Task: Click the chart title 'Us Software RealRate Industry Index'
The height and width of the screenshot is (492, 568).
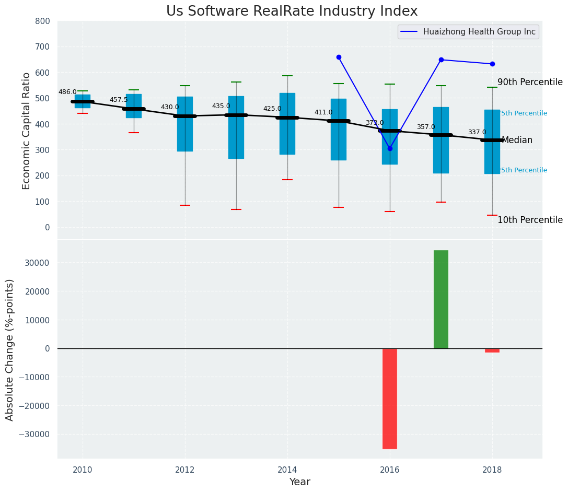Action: pos(292,11)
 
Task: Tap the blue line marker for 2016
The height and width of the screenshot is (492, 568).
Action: pos(390,148)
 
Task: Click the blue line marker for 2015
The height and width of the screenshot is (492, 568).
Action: pos(339,57)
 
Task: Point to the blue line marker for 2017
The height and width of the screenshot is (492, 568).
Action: pos(441,60)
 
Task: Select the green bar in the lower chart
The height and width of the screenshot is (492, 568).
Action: pos(441,299)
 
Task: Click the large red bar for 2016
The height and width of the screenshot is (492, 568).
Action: pos(390,399)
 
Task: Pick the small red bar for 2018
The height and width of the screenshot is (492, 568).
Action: pos(492,350)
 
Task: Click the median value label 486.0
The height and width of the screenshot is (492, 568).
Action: pos(67,92)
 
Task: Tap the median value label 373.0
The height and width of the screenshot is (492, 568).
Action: pos(375,123)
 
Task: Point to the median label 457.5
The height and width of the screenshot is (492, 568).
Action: pos(119,100)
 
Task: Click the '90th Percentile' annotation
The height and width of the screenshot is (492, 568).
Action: pos(530,83)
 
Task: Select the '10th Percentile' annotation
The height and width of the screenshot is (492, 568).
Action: pos(530,220)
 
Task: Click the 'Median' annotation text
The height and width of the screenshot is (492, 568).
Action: pos(517,140)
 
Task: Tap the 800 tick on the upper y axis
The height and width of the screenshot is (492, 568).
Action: pos(42,21)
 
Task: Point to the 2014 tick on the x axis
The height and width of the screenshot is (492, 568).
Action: pos(287,470)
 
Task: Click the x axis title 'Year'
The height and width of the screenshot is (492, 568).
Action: pos(300,482)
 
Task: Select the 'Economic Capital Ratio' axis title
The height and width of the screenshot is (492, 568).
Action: pos(27,130)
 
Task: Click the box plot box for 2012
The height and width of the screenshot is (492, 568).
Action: pos(185,124)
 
